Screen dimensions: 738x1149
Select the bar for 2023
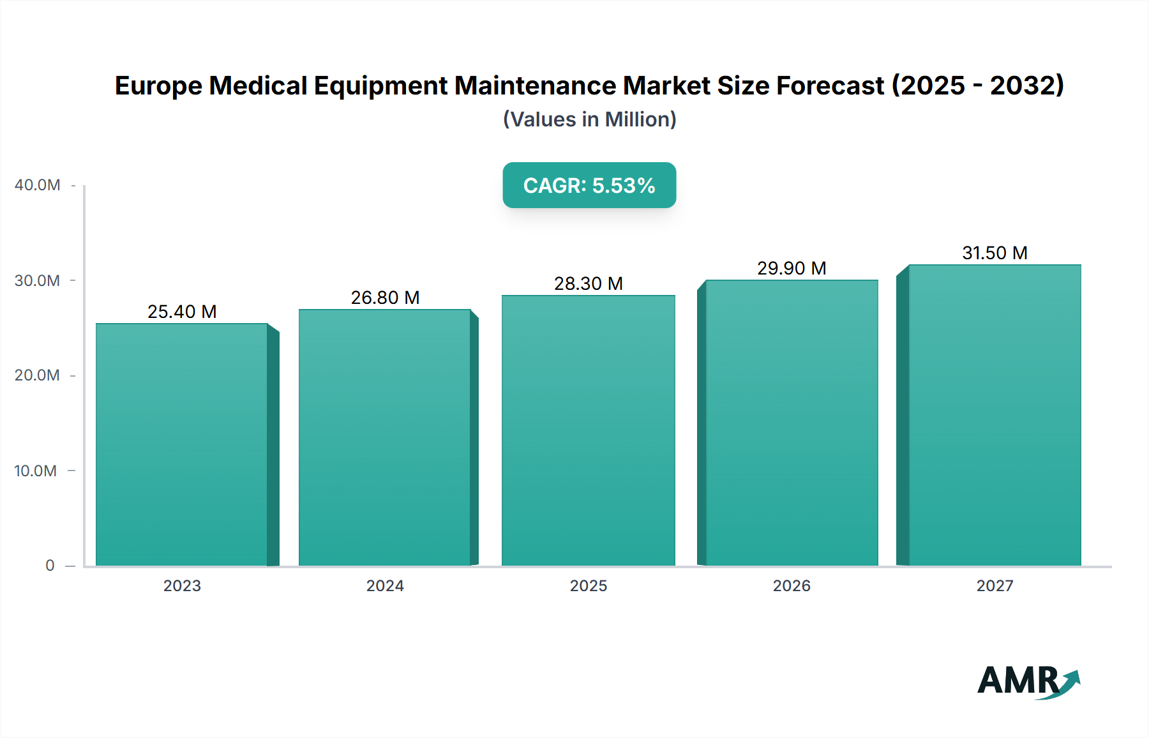pyautogui.click(x=182, y=444)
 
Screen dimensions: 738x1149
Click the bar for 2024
pyautogui.click(x=385, y=437)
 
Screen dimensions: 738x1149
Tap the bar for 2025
pyautogui.click(x=588, y=430)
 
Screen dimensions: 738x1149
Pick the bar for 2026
pyautogui.click(x=792, y=423)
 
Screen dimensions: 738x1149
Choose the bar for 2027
pyautogui.click(x=995, y=415)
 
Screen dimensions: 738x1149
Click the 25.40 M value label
pyautogui.click(x=182, y=312)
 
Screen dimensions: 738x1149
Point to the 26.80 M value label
pyautogui.click(x=385, y=297)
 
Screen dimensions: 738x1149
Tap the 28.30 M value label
pyautogui.click(x=588, y=283)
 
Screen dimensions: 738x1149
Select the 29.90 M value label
pyautogui.click(x=792, y=268)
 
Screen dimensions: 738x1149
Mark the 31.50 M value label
pyautogui.click(x=995, y=253)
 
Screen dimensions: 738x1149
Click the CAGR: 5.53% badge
pyautogui.click(x=589, y=185)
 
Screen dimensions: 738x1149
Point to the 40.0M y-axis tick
pyautogui.click(x=38, y=185)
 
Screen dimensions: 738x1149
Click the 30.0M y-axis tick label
pyautogui.click(x=38, y=281)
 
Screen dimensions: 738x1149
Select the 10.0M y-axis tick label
pyautogui.click(x=36, y=471)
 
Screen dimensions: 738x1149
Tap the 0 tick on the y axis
pyautogui.click(x=50, y=566)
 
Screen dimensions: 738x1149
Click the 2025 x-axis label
pyautogui.click(x=588, y=585)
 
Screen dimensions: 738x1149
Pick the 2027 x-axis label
pyautogui.click(x=995, y=585)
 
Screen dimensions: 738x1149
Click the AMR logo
pyautogui.click(x=1028, y=681)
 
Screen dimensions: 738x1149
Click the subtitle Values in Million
pyautogui.click(x=589, y=119)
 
